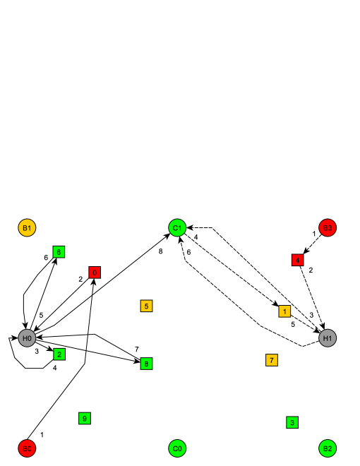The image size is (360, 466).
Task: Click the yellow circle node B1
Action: pos(27,227)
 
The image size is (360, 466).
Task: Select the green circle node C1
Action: pos(177,227)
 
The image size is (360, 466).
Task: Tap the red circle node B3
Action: pos(328,227)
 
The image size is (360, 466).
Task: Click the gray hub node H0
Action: pos(27,338)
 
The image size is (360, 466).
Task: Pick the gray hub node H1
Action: pos(328,338)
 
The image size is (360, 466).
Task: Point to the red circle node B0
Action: pos(27,448)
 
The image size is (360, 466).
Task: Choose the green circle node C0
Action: pos(177,448)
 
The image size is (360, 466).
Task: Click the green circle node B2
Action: pos(328,448)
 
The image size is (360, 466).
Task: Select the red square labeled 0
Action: pos(95,273)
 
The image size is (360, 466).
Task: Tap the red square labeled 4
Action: pos(298,260)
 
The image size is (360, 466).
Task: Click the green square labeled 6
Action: pos(59,251)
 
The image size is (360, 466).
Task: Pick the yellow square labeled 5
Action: pos(146,306)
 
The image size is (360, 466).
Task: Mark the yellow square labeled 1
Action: pos(284,311)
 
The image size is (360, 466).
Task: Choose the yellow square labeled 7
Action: pos(271,360)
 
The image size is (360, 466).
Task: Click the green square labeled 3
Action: pos(292,422)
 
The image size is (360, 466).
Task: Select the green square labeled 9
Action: pos(84,418)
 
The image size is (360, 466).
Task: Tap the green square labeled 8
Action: pos(146,364)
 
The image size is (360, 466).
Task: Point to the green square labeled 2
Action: pos(59,354)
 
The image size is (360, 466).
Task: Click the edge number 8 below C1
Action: pos(160,251)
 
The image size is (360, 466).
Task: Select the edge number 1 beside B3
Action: pos(314,234)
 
